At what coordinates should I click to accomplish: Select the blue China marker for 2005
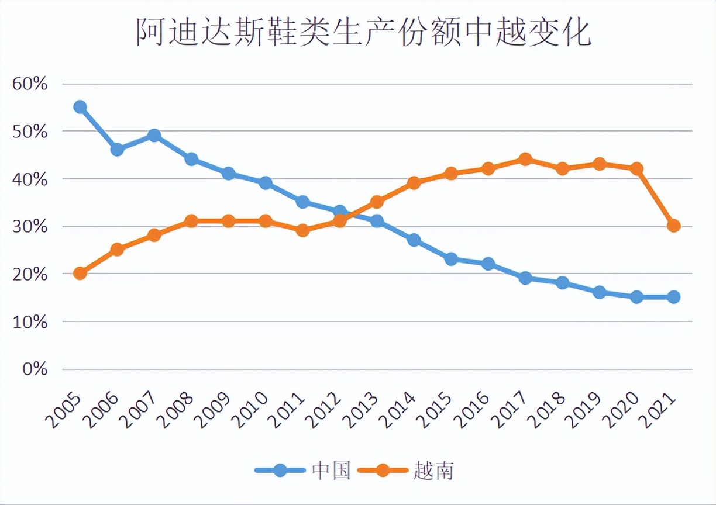coord(80,107)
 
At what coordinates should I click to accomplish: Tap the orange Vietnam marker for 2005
coord(80,273)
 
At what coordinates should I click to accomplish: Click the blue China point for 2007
coord(154,136)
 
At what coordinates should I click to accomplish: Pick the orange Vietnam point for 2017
coord(525,159)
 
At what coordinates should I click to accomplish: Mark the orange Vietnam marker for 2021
coord(674,226)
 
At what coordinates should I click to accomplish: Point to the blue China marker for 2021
coord(674,297)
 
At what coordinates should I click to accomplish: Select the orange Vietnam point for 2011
coord(303,230)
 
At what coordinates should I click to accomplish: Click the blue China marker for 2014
coord(414,240)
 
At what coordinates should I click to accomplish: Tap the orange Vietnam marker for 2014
coord(414,183)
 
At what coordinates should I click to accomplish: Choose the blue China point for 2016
coord(488,264)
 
